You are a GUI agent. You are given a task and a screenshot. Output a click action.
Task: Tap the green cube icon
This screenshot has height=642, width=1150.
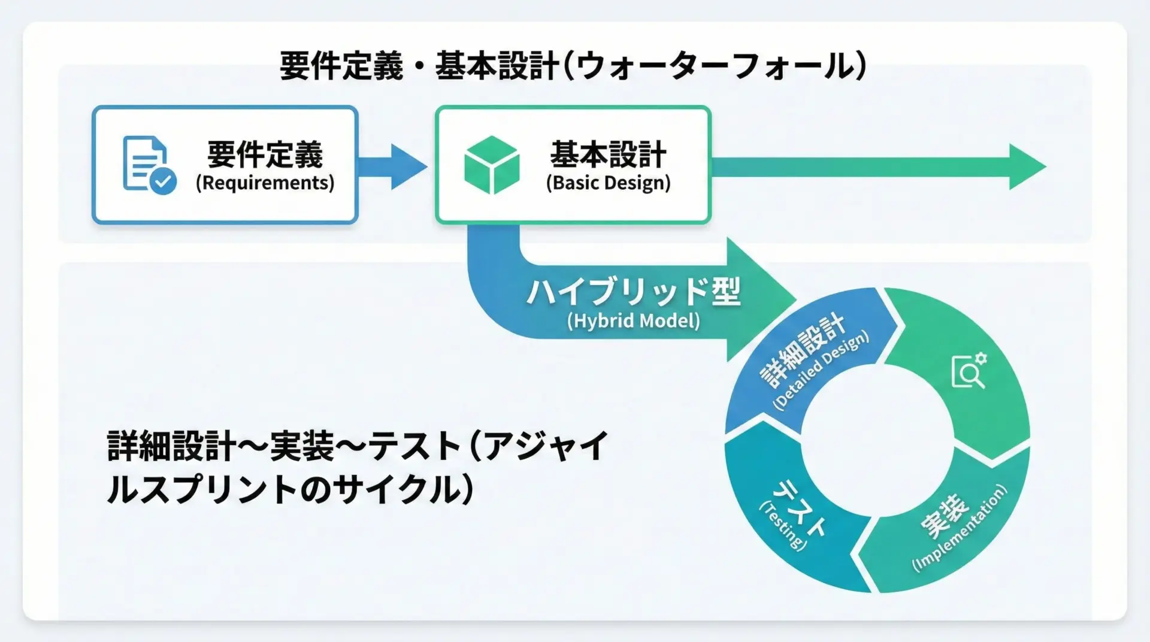point(491,165)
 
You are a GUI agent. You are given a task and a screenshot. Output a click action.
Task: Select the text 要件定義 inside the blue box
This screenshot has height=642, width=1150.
point(265,155)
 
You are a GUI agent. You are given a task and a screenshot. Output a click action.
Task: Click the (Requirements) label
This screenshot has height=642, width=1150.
point(265,183)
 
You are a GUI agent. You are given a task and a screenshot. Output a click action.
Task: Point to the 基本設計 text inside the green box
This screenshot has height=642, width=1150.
point(608,155)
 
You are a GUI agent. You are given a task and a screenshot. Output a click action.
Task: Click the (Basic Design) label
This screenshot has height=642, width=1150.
point(608,183)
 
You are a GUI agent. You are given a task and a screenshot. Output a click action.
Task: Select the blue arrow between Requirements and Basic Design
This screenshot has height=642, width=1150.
point(392,166)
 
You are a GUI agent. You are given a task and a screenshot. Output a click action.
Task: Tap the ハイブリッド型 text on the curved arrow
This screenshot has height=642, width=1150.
point(633,292)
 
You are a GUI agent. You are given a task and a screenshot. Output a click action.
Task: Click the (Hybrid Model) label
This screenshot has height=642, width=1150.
point(633,321)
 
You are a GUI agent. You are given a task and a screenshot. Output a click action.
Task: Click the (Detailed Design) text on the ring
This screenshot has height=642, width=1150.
point(821,371)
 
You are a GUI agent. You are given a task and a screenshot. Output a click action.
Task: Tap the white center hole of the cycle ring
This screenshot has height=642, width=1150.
point(877,440)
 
